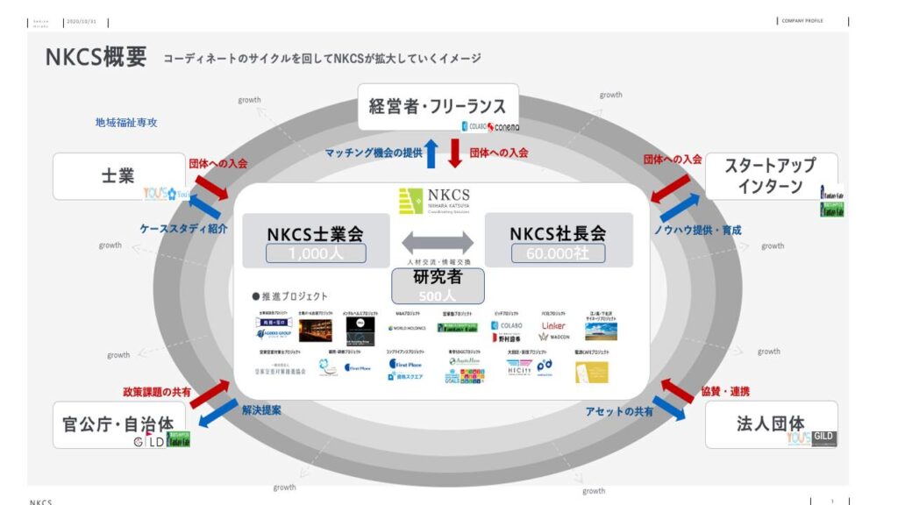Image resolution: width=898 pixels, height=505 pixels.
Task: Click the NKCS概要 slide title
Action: (96, 58)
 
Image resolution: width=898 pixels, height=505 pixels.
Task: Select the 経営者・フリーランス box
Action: (438, 107)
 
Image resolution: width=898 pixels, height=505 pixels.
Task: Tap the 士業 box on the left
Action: (118, 175)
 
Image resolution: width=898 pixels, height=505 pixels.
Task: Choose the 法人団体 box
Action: (770, 423)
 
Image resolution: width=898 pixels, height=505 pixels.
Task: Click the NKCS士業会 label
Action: (315, 234)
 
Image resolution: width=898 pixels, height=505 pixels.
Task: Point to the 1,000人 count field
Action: (315, 254)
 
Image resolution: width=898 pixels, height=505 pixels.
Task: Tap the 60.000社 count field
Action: (558, 253)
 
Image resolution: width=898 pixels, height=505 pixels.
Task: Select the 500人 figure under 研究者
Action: (437, 297)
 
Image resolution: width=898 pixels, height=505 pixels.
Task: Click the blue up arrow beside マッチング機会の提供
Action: (431, 153)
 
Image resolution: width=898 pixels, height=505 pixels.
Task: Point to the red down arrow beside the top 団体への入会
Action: (455, 153)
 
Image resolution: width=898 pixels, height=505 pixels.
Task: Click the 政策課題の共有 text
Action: (157, 392)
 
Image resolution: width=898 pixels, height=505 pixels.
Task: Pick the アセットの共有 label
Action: (619, 411)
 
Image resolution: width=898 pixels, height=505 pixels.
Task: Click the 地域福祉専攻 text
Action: (126, 123)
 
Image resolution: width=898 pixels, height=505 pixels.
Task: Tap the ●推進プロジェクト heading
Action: (289, 296)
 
